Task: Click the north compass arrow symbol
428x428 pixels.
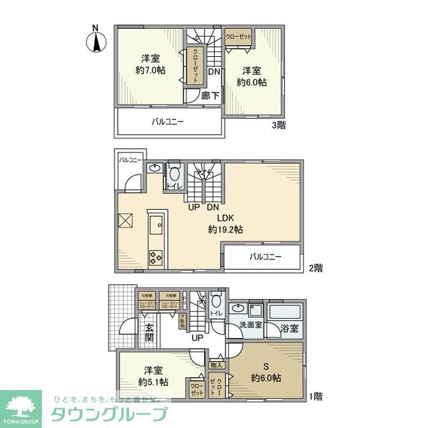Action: coord(95,41)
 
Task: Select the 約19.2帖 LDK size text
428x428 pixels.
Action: coord(225,229)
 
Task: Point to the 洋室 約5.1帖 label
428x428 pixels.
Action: coord(153,376)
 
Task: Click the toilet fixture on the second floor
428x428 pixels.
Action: coord(175,170)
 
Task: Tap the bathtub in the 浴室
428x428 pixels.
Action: coord(286,314)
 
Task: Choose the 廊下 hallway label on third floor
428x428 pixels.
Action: coord(210,95)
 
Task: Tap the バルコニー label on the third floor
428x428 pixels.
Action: coord(167,122)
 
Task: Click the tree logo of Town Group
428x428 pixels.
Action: coord(20,405)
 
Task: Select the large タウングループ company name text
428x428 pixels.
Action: coord(110,413)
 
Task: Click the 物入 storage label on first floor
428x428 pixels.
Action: coord(216,365)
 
